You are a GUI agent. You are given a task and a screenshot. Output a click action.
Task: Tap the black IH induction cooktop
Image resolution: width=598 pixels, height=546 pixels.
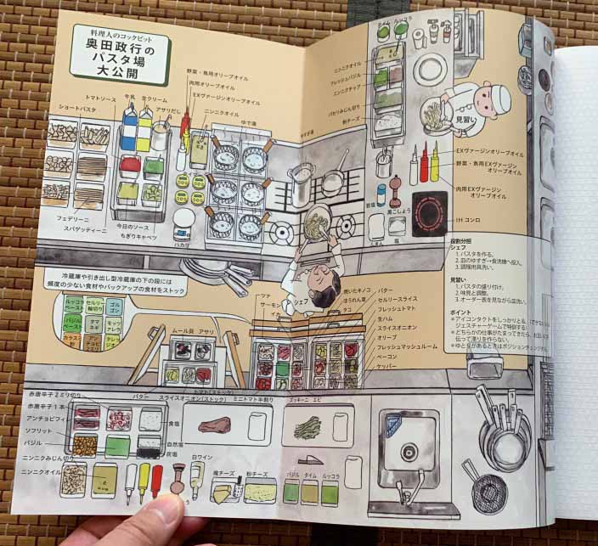coord(429,217)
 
